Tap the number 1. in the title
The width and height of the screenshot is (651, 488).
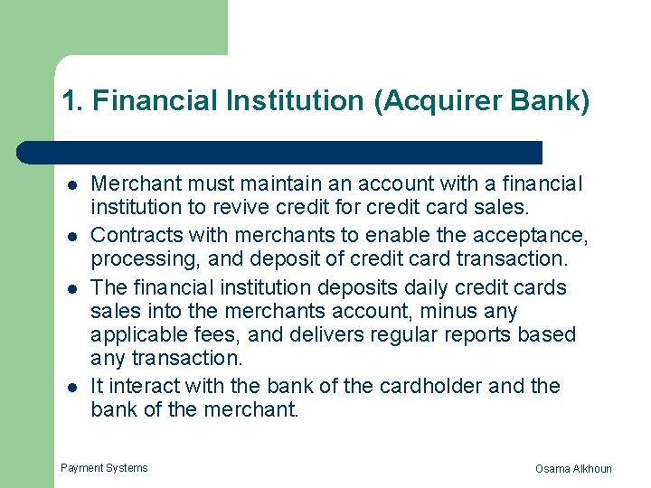click(72, 101)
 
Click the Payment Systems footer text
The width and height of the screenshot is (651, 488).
click(104, 468)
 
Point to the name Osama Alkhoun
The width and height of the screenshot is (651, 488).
click(573, 468)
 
